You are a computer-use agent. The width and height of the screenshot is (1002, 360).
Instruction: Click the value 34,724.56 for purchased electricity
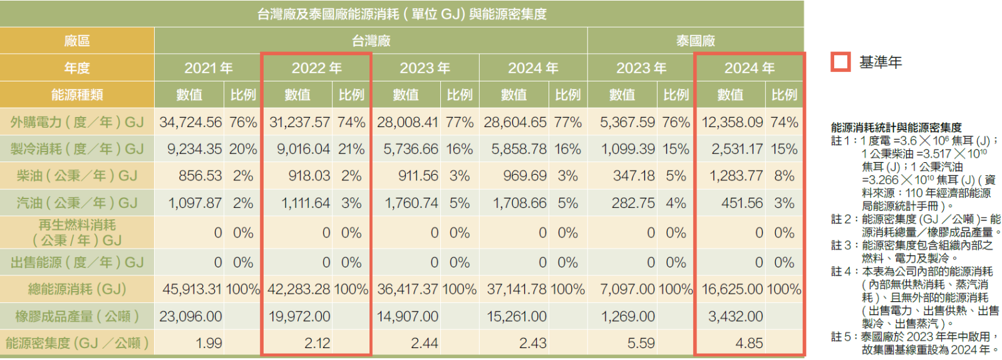point(190,122)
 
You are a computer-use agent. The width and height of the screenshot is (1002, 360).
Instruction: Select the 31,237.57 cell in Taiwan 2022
point(299,122)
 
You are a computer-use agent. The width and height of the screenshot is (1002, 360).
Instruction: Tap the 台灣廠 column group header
point(371,41)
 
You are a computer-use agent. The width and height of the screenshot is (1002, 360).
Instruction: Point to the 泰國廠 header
point(695,41)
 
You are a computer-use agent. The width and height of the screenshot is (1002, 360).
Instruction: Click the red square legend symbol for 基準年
point(840,62)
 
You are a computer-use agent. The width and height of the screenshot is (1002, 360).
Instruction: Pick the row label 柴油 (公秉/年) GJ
point(77,176)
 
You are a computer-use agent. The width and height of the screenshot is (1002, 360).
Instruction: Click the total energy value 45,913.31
point(192,289)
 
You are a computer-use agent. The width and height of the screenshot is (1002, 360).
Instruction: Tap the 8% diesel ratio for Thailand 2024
point(784,176)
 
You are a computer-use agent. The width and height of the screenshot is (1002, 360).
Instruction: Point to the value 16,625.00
point(732,289)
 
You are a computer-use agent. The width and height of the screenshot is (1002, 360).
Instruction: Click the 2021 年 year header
point(208,68)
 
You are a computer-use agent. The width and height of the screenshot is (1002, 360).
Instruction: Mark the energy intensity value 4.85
point(749,343)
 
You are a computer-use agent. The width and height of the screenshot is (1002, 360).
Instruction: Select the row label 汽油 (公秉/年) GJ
point(77,203)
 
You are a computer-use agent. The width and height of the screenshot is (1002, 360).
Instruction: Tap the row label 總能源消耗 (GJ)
point(77,289)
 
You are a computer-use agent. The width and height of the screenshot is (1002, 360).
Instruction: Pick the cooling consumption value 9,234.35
point(194,149)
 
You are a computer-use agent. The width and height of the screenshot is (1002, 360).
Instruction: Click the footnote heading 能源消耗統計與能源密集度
point(896,128)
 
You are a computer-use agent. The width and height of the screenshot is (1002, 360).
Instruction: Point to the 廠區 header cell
point(77,41)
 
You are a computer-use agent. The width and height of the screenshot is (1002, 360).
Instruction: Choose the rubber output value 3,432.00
point(735,317)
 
